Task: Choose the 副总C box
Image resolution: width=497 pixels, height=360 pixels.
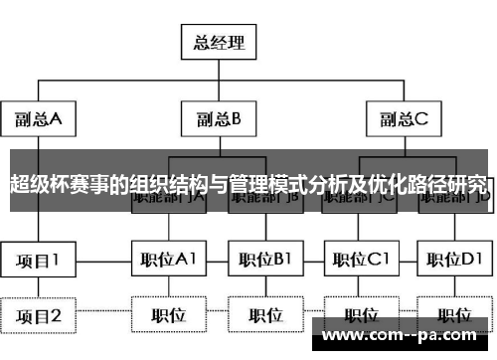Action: pos(402,120)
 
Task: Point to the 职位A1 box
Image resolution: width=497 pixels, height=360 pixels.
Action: pos(168,260)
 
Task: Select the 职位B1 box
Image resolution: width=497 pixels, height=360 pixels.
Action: pos(263,260)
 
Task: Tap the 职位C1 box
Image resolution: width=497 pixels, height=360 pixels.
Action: pos(361,260)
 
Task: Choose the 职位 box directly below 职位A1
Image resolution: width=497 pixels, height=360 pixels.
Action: pos(168,315)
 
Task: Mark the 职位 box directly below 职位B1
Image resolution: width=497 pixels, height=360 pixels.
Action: pos(263,315)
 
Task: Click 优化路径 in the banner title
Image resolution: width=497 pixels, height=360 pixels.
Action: pos(408,184)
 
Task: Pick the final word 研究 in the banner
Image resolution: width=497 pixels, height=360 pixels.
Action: pos(471,184)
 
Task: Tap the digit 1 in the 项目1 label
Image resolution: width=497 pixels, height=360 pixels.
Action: pos(56,260)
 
